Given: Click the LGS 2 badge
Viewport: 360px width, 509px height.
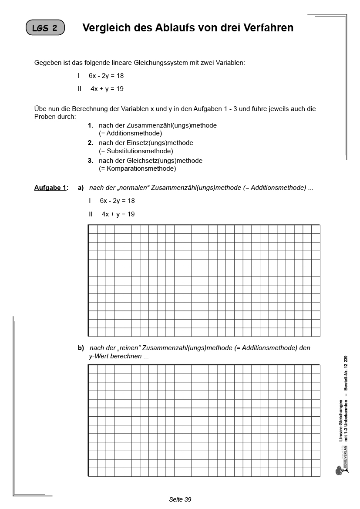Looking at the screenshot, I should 45,28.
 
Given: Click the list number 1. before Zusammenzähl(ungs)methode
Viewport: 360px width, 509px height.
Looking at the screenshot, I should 91,125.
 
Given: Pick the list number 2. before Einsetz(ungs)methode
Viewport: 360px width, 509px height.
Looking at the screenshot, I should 91,143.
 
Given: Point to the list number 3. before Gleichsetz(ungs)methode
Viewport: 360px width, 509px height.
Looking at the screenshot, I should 91,161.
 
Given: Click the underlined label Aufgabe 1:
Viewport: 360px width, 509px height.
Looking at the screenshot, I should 51,188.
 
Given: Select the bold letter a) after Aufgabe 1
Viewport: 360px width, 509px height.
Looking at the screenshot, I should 81,188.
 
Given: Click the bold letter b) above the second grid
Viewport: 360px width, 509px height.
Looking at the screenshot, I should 81,348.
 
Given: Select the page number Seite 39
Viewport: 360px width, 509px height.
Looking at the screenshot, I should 180,499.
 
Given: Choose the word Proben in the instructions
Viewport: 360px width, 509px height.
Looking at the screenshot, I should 45,117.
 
